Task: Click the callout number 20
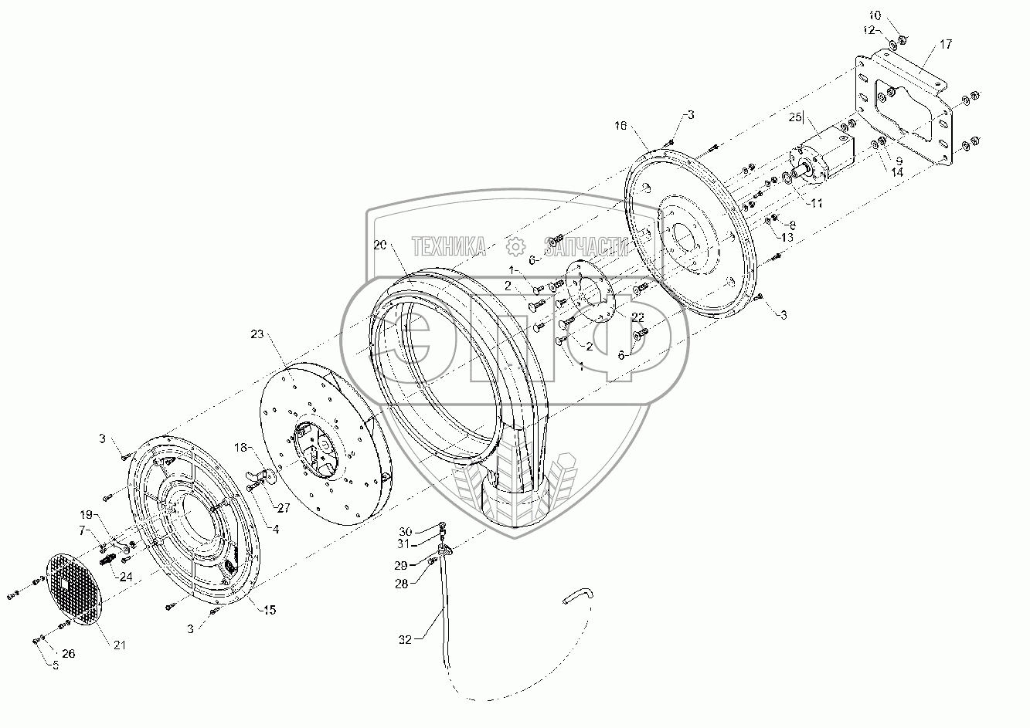click(379, 245)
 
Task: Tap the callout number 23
click(257, 334)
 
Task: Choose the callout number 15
click(269, 611)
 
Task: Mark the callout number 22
click(637, 317)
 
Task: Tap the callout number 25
click(796, 117)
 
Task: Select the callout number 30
click(406, 531)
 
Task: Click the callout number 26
click(69, 654)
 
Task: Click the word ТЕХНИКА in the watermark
click(449, 246)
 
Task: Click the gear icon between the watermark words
click(515, 246)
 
